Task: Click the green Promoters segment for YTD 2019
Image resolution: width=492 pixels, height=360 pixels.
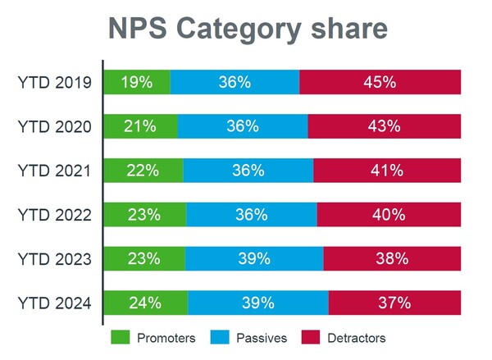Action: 137,82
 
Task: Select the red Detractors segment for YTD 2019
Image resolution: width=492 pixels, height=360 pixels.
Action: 380,82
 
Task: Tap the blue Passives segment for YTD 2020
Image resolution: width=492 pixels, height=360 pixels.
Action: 243,126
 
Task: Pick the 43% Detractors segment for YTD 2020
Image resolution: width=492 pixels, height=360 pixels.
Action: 384,126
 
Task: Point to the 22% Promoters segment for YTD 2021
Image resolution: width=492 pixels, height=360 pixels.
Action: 144,171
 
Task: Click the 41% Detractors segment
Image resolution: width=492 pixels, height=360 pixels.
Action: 386,171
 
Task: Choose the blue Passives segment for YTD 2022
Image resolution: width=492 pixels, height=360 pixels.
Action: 252,215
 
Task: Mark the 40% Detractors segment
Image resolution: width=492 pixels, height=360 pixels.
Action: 389,215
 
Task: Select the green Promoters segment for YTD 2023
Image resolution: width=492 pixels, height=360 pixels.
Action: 145,259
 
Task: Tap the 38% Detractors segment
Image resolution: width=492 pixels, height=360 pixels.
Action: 392,259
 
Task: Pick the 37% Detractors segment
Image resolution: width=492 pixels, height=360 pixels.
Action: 394,303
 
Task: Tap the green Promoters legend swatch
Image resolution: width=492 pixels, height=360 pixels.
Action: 121,338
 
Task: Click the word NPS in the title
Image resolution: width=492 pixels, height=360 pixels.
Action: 139,29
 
